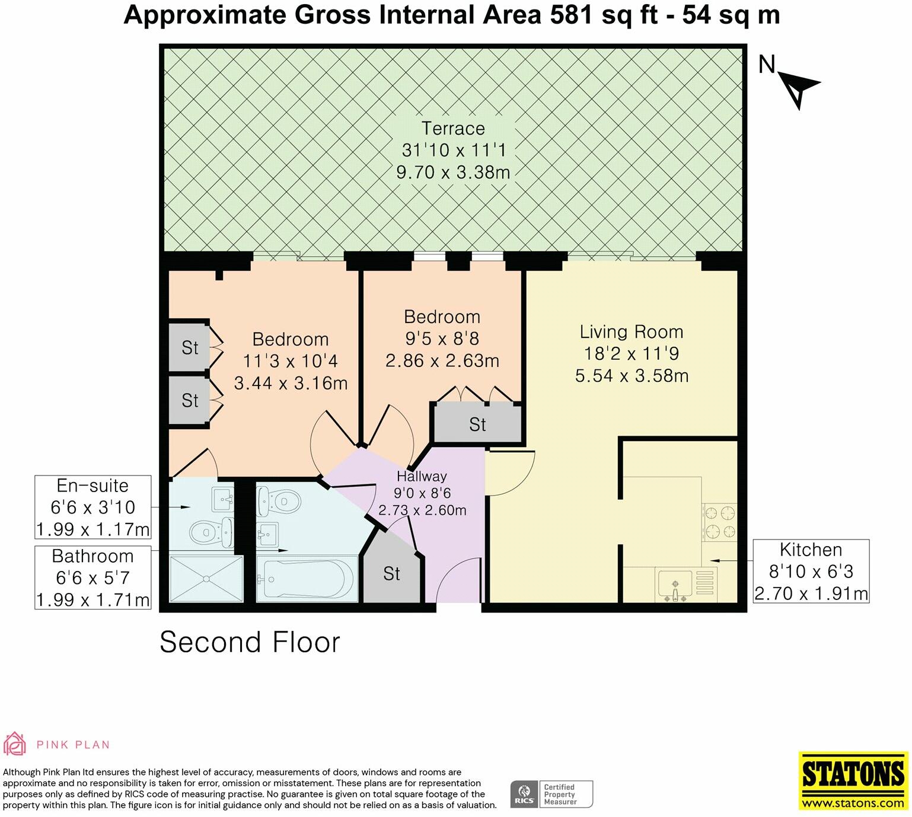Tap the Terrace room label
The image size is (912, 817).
pos(453,129)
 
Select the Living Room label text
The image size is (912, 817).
pos(631,332)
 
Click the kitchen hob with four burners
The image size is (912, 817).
pos(719,522)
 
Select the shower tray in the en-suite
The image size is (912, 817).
pos(206,579)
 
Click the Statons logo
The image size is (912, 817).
pos(853,780)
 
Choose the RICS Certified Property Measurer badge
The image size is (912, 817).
pos(551,794)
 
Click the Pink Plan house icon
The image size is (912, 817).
pos(14,744)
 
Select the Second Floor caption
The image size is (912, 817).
pos(250,642)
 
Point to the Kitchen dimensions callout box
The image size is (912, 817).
pos(811,571)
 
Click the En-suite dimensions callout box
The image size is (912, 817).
pos(93,507)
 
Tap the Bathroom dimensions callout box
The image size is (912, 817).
pos(93,577)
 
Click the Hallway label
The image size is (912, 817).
pos(422,476)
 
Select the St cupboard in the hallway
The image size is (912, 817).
pos(391,573)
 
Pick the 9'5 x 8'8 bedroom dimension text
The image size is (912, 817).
pos(442,339)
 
